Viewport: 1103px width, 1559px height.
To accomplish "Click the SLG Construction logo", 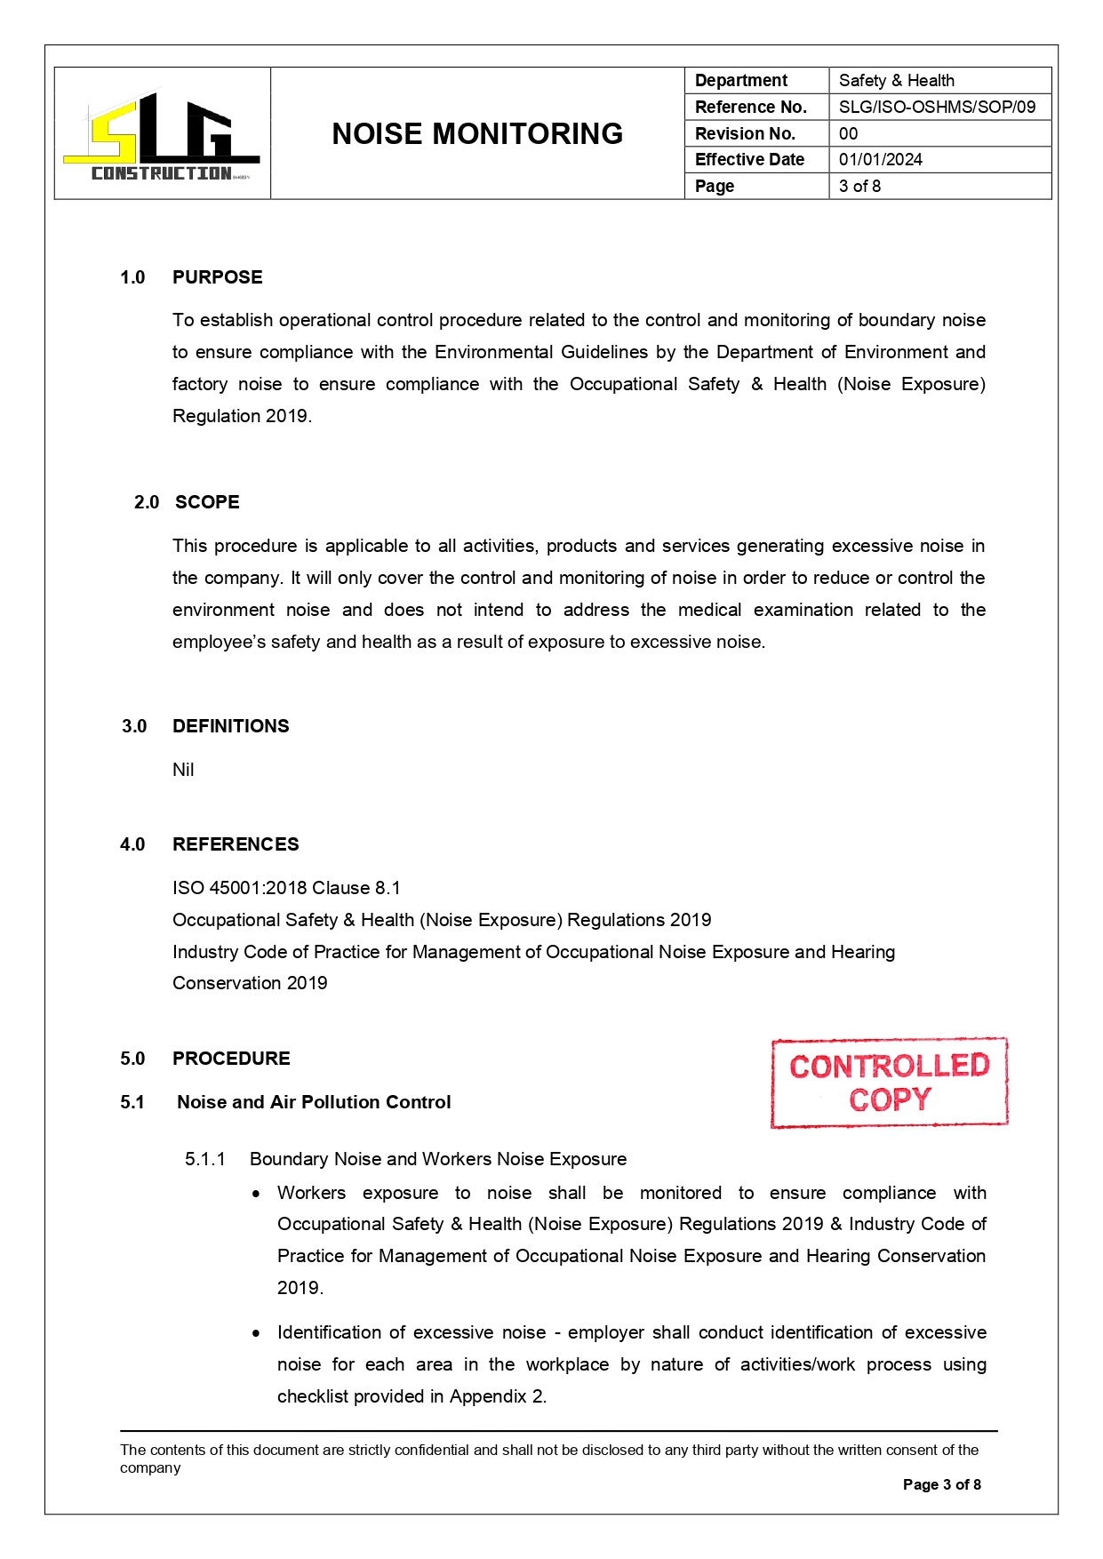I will [162, 135].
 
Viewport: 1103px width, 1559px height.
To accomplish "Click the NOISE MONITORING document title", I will [477, 134].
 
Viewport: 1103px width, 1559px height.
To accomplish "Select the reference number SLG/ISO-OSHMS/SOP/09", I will [937, 108].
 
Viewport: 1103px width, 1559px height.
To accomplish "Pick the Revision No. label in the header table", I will [744, 134].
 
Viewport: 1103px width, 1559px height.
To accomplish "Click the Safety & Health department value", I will [896, 81].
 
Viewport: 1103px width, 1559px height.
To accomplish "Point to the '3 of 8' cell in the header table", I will [859, 187].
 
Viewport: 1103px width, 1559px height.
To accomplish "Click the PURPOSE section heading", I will [217, 277].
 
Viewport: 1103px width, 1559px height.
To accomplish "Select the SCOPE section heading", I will [207, 502].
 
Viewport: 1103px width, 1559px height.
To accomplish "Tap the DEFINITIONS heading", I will [230, 726].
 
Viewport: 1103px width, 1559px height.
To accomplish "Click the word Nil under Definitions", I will [183, 770].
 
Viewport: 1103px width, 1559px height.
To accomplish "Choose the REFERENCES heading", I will [236, 844].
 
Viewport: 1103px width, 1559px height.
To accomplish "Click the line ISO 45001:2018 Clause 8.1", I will [286, 888].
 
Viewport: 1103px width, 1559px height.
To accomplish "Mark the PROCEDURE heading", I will [231, 1059].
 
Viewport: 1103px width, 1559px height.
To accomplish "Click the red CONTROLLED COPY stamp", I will [889, 1083].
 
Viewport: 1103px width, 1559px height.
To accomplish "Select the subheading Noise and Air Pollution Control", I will [314, 1102].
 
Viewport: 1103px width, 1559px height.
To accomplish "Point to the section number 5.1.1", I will [205, 1159].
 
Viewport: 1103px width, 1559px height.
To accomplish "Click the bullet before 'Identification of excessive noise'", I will [256, 1333].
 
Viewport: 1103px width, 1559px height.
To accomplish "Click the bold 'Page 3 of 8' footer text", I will [941, 1484].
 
